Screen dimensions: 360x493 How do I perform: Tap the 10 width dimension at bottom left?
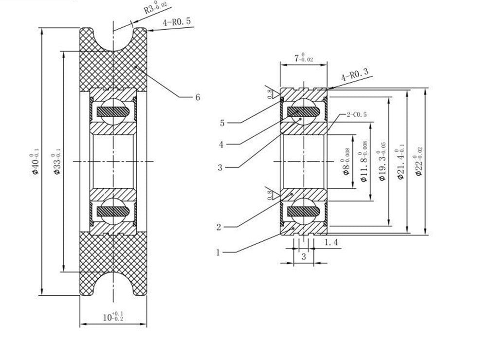[x=112, y=317]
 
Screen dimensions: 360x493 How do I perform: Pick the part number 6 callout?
[x=198, y=97]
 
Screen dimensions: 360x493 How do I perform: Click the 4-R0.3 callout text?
[x=355, y=74]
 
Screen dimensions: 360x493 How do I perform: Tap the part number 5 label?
[x=222, y=123]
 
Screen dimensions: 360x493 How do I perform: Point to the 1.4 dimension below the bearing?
[x=331, y=242]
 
